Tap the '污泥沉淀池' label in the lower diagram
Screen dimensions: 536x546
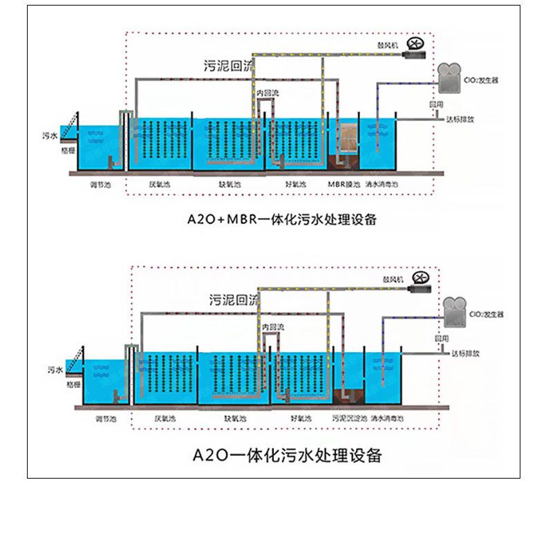click(x=347, y=418)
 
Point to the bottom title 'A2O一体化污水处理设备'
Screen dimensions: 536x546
click(x=286, y=455)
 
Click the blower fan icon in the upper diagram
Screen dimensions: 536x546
click(x=415, y=44)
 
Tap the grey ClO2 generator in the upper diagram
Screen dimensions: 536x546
click(x=451, y=79)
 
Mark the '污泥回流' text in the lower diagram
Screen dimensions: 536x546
click(x=233, y=300)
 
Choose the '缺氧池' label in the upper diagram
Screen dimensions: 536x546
click(x=229, y=185)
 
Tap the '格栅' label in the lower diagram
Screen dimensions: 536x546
click(x=73, y=383)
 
